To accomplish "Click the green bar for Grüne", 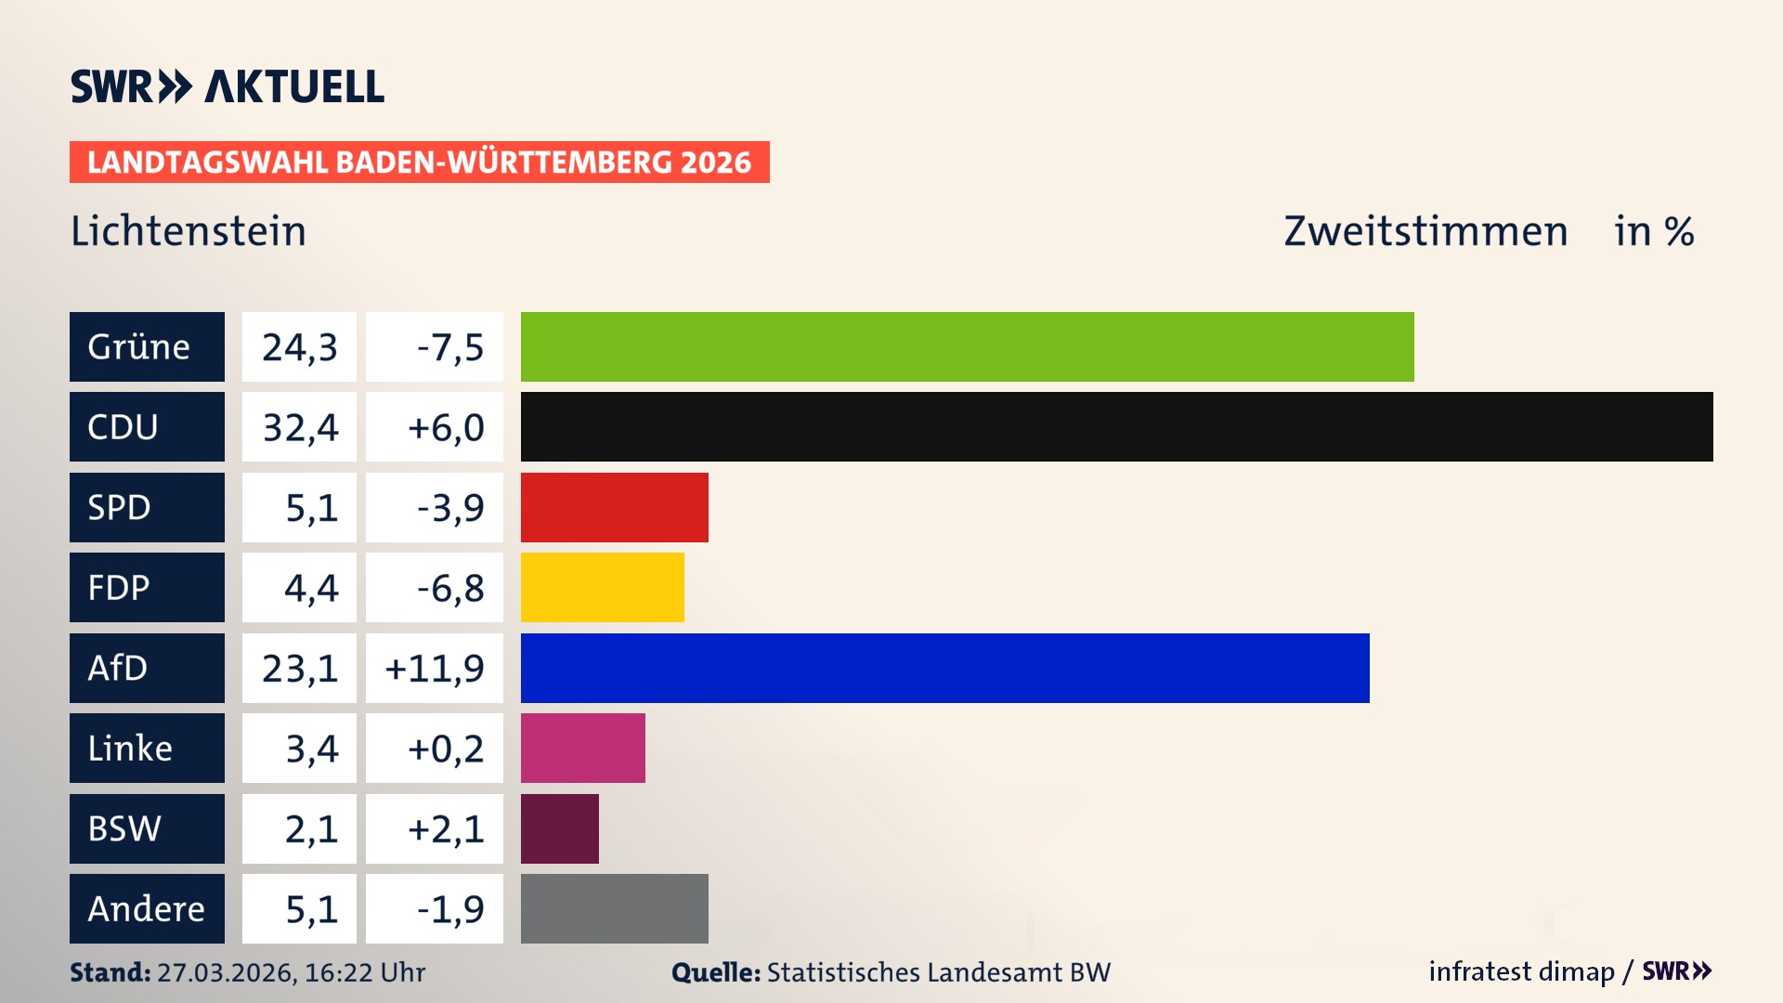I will (967, 346).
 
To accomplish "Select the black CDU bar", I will (1116, 427).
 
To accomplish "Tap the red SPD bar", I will (614, 507).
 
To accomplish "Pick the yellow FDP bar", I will (602, 588).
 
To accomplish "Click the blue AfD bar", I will (944, 668).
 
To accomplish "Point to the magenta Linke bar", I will (582, 749).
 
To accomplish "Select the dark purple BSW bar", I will (559, 828).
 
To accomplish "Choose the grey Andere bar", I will (614, 908).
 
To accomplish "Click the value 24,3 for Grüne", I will (299, 347).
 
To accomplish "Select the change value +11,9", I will (435, 669).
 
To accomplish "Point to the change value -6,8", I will (449, 588).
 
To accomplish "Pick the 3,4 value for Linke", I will (311, 749).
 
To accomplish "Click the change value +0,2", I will (445, 749).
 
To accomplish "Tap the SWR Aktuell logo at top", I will (228, 86).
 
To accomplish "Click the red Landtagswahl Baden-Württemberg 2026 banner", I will (419, 163).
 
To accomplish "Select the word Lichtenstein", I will (189, 231).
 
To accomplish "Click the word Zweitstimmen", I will (1425, 231).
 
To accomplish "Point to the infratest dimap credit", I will (1521, 971).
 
